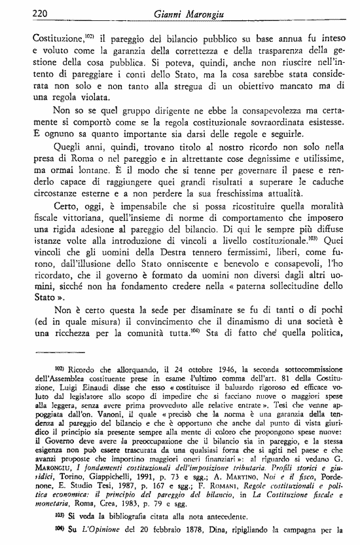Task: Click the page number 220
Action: (23, 13)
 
